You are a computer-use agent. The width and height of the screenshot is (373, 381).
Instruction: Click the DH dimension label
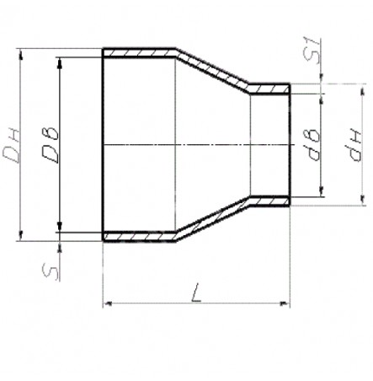coord(11,146)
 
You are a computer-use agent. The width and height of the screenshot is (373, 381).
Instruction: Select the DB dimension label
coord(51,146)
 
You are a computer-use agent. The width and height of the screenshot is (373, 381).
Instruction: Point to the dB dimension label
coord(312,145)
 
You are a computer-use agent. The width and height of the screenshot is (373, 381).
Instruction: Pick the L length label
coord(196,292)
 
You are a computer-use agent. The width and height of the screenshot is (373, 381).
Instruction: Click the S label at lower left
coord(51,272)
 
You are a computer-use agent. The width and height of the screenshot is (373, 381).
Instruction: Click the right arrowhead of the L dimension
coord(285,303)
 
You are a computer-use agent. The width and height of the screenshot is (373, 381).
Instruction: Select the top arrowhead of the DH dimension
coord(20,53)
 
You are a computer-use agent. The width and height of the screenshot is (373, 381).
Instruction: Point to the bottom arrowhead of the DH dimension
coord(20,235)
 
